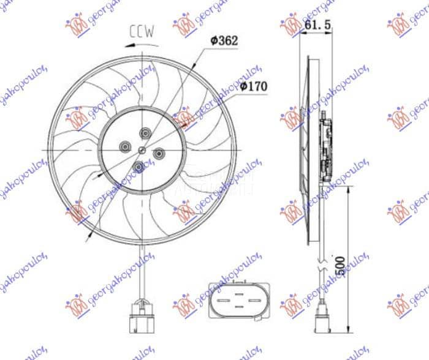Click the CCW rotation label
click(x=142, y=30)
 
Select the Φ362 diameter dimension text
click(x=223, y=40)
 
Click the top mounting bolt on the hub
click(x=145, y=132)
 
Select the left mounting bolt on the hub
click(x=125, y=146)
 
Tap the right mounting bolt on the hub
click(x=159, y=152)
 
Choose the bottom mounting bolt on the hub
click(x=139, y=166)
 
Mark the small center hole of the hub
click(x=142, y=149)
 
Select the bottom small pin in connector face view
click(x=239, y=307)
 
